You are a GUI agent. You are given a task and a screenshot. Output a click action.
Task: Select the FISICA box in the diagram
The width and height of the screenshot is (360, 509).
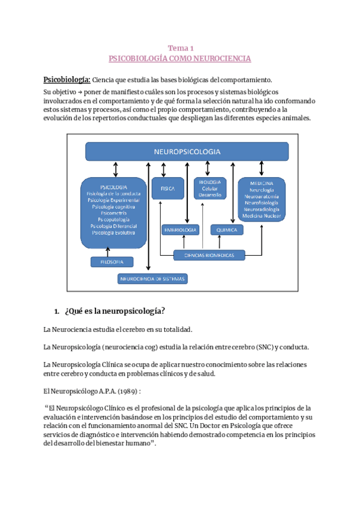(167, 188)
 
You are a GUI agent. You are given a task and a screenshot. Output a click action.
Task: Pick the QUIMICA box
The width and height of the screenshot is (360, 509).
(227, 230)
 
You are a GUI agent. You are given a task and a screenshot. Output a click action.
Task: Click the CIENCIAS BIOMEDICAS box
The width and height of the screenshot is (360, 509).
(209, 256)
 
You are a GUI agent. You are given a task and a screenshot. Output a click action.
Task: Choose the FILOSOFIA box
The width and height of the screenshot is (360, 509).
(112, 262)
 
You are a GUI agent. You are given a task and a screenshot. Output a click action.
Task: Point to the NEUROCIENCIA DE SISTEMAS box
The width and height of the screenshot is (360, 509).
(153, 279)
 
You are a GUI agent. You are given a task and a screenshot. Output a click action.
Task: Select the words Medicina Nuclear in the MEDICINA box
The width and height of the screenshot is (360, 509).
(261, 215)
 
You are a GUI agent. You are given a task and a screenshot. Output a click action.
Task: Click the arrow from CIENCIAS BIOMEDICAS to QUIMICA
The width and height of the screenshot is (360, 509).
(227, 242)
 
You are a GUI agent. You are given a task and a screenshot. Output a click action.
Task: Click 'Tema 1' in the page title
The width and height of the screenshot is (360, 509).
(180, 48)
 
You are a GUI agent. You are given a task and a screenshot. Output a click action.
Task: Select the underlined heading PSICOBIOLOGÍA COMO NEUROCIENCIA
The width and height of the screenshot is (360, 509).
(180, 59)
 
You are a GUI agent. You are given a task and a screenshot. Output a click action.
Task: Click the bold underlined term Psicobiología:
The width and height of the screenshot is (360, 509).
(67, 80)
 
